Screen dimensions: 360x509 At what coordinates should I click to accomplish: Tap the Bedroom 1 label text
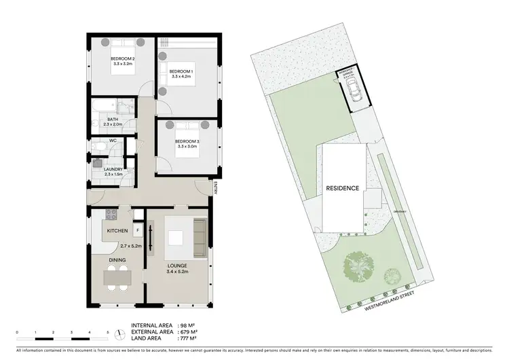(181, 71)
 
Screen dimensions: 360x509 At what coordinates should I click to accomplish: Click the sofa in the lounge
(199, 237)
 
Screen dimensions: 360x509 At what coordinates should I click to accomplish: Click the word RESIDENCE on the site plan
(341, 189)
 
